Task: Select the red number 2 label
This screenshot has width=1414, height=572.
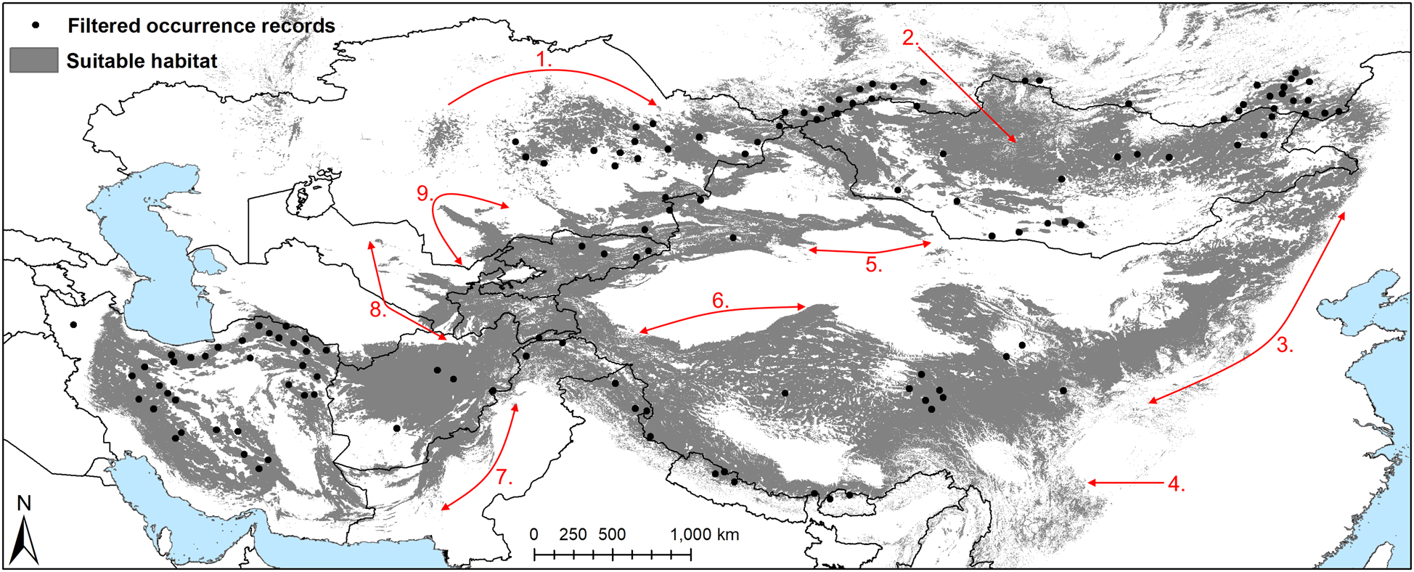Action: pos(910,38)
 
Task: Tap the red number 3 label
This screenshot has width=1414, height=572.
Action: pos(1285,346)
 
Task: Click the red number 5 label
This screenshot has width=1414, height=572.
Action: pos(874,264)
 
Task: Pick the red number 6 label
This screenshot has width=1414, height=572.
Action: pos(719,301)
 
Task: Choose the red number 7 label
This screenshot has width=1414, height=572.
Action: pos(504,477)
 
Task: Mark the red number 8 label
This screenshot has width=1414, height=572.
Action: pos(377,310)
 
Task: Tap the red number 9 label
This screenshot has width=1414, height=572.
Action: pos(425,193)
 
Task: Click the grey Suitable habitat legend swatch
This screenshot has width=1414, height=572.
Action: pos(33,60)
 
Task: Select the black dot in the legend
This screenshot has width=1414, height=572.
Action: pos(36,25)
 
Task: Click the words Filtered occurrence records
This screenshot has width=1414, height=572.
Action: pos(201,26)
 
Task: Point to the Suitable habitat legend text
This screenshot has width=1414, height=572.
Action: pos(142,61)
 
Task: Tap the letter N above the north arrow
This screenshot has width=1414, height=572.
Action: pos(24,503)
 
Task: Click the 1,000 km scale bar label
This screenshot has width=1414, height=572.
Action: pos(704,535)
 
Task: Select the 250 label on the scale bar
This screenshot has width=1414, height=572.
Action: pos(573,535)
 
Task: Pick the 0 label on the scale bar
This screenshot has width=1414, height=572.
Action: pos(534,535)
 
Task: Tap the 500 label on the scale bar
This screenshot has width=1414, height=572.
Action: pos(612,535)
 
